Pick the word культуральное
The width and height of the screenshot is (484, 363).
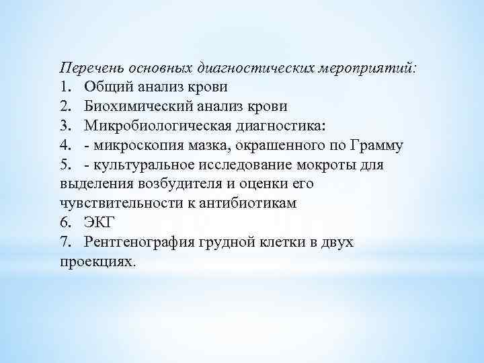[143, 165]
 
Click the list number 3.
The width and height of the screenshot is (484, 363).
[65, 126]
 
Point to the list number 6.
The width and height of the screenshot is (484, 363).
[65, 223]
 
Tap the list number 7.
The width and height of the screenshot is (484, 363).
[65, 242]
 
